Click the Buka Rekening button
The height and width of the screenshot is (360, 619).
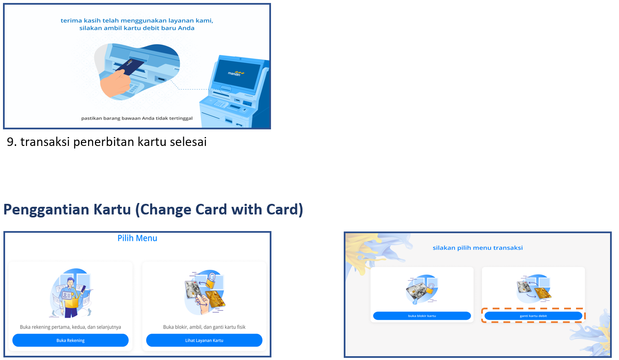click(71, 340)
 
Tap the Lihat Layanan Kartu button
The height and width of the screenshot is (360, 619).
click(204, 340)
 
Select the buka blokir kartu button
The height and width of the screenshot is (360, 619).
click(422, 316)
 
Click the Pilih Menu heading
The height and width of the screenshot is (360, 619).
click(137, 238)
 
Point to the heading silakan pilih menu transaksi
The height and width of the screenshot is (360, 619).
click(478, 248)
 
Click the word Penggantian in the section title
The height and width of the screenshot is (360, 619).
click(46, 210)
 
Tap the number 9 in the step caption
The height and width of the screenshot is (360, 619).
click(10, 142)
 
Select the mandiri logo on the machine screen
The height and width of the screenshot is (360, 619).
click(236, 73)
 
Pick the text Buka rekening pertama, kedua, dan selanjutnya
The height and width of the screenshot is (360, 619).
click(71, 327)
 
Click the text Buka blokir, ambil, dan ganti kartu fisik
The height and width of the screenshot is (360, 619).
click(204, 327)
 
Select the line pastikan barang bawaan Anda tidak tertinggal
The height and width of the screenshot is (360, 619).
click(137, 118)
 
